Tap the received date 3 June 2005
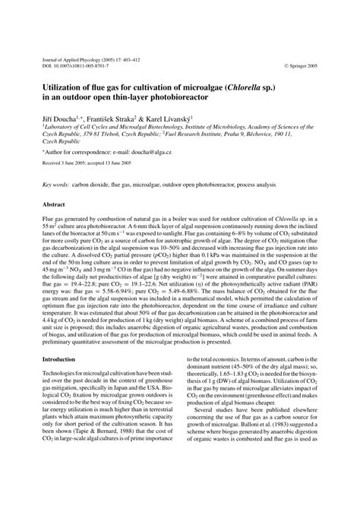(74, 162)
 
